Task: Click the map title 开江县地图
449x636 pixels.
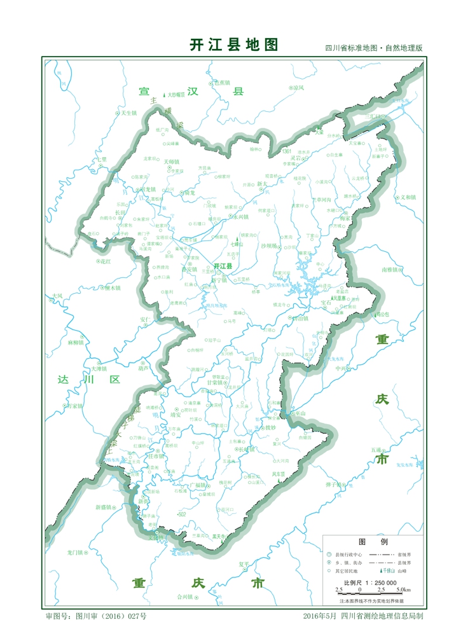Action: (234, 45)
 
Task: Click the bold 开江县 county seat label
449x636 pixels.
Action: (223, 266)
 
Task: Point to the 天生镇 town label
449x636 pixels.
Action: (129, 113)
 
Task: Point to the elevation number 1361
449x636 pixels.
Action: (287, 151)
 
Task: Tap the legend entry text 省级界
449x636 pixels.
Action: (404, 554)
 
